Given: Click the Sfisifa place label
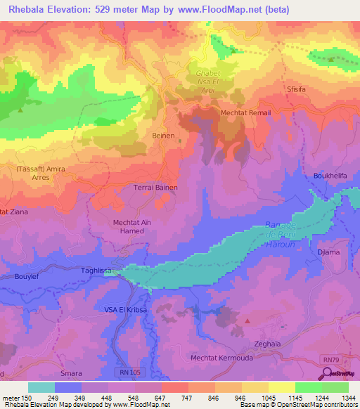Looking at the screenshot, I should (298, 89).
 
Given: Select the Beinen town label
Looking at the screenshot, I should (163, 136).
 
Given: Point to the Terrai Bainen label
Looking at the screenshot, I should (155, 188).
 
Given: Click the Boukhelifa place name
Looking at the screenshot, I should (330, 175).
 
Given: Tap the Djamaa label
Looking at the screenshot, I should (329, 251).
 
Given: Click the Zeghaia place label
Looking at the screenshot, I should (269, 344).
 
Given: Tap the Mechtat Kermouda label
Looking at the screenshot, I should (221, 358).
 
